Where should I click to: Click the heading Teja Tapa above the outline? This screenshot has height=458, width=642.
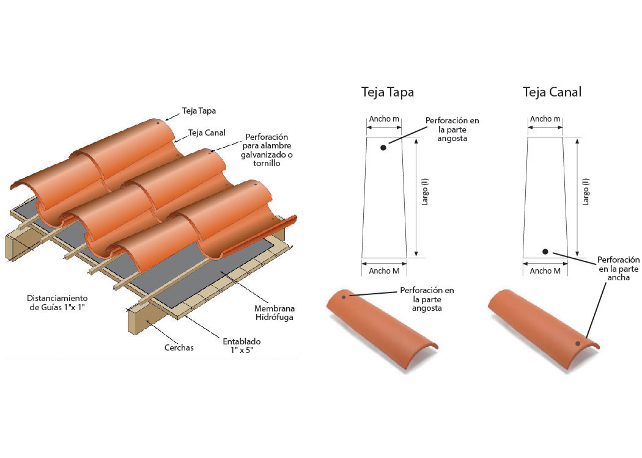pyautogui.click(x=387, y=92)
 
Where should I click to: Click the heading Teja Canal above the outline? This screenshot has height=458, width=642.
pyautogui.click(x=552, y=92)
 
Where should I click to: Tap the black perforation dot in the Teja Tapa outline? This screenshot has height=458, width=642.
pyautogui.click(x=383, y=148)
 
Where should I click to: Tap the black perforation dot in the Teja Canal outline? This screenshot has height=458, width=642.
pyautogui.click(x=545, y=252)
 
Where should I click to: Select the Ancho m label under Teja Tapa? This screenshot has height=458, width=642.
pyautogui.click(x=384, y=119)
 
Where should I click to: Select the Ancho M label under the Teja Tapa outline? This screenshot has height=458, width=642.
pyautogui.click(x=384, y=271)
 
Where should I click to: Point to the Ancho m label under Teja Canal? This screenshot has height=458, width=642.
pyautogui.click(x=545, y=119)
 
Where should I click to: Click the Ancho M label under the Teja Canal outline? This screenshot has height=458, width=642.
pyautogui.click(x=545, y=271)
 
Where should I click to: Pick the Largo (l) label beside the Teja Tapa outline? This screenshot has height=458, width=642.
pyautogui.click(x=425, y=192)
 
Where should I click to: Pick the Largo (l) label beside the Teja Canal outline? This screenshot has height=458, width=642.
pyautogui.click(x=586, y=192)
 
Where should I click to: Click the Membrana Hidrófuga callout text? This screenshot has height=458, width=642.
pyautogui.click(x=275, y=313)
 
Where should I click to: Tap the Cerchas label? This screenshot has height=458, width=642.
pyautogui.click(x=179, y=347)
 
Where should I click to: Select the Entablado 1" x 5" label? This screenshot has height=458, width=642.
pyautogui.click(x=242, y=346)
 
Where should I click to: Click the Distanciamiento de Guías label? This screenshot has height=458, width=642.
pyautogui.click(x=57, y=303)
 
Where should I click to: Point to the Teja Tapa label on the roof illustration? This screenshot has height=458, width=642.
pyautogui.click(x=199, y=111)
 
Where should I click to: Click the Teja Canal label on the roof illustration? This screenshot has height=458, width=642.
pyautogui.click(x=207, y=133)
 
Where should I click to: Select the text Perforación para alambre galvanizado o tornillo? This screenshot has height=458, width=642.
pyautogui.click(x=267, y=150)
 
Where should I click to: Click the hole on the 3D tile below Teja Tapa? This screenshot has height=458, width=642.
pyautogui.click(x=344, y=297)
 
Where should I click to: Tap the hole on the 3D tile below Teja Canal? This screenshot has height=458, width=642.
pyautogui.click(x=578, y=343)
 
